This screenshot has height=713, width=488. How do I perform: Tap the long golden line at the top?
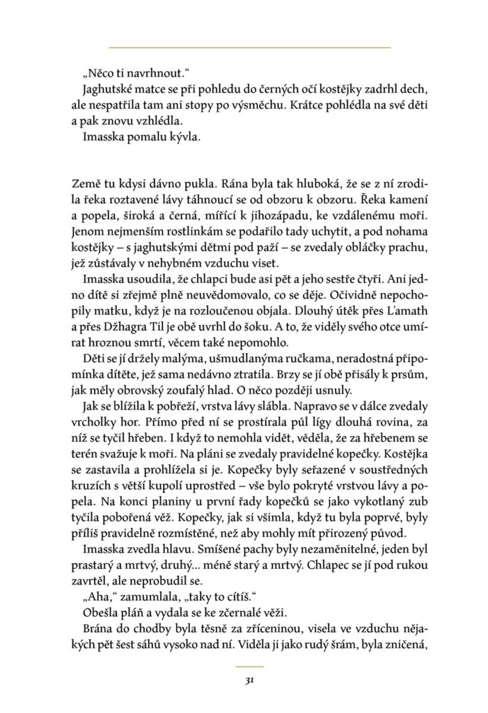coord(249,47)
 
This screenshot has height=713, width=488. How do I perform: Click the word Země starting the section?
coord(86,186)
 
